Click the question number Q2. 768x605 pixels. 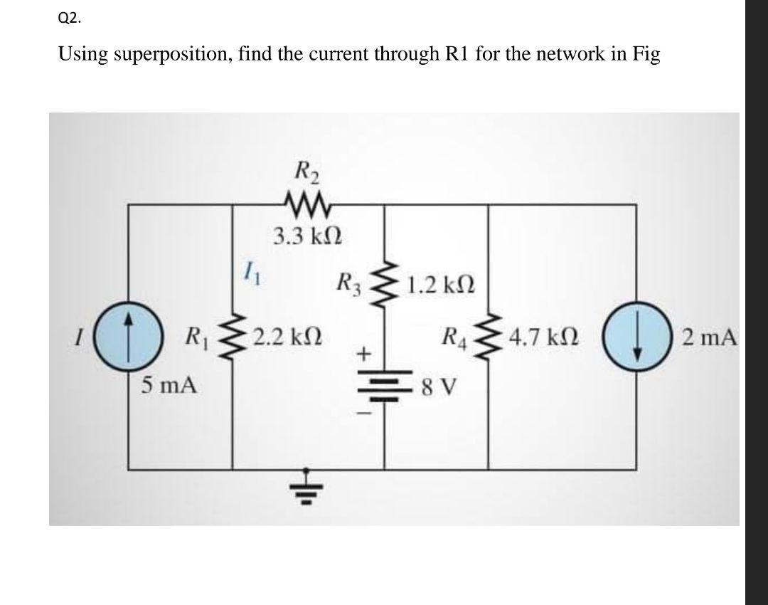point(69,19)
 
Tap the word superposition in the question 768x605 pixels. point(168,56)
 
